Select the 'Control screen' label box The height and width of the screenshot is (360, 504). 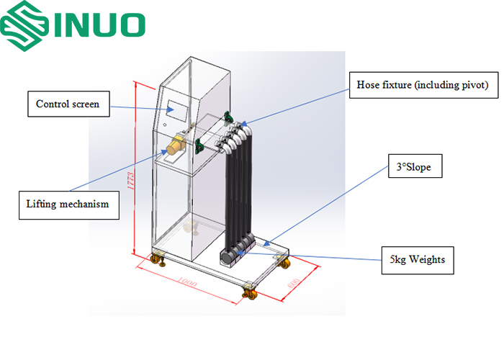[x=73, y=104]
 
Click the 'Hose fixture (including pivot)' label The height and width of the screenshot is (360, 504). [x=423, y=85]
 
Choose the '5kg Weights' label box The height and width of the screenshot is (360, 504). [x=418, y=259]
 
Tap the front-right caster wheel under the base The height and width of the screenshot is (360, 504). [x=251, y=292]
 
